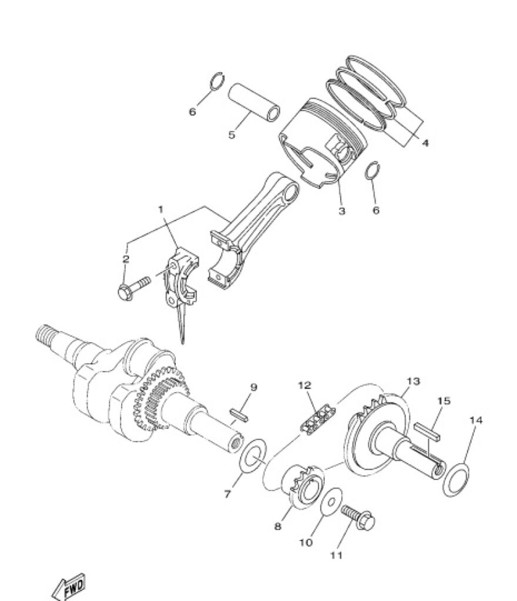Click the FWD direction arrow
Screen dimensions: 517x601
click(69, 586)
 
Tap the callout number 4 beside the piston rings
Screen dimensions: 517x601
click(425, 143)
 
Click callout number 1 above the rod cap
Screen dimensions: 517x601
click(161, 210)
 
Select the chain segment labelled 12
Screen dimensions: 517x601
click(318, 418)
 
